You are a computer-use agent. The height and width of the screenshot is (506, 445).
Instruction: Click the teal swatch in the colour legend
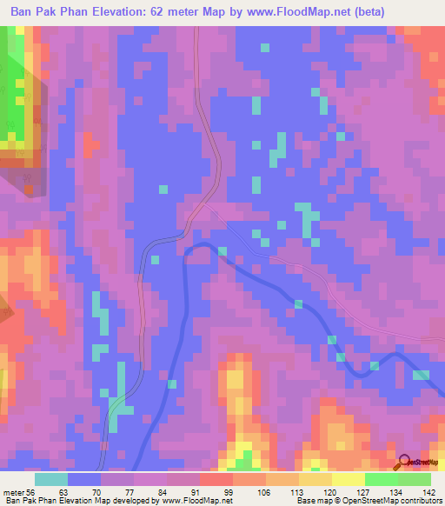tap(51, 479)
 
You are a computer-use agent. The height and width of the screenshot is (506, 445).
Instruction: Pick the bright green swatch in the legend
tap(382, 479)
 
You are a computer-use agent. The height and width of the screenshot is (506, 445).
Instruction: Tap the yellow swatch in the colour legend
tap(349, 479)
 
